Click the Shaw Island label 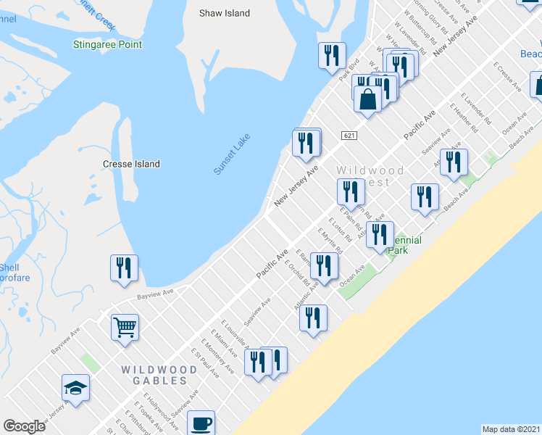point(225,13)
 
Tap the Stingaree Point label point(107,45)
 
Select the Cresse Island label point(131,164)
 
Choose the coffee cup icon point(201,423)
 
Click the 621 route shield point(349,136)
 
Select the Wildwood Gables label point(159,375)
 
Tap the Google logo point(24,426)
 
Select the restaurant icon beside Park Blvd point(332,55)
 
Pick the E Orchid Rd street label point(299,272)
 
